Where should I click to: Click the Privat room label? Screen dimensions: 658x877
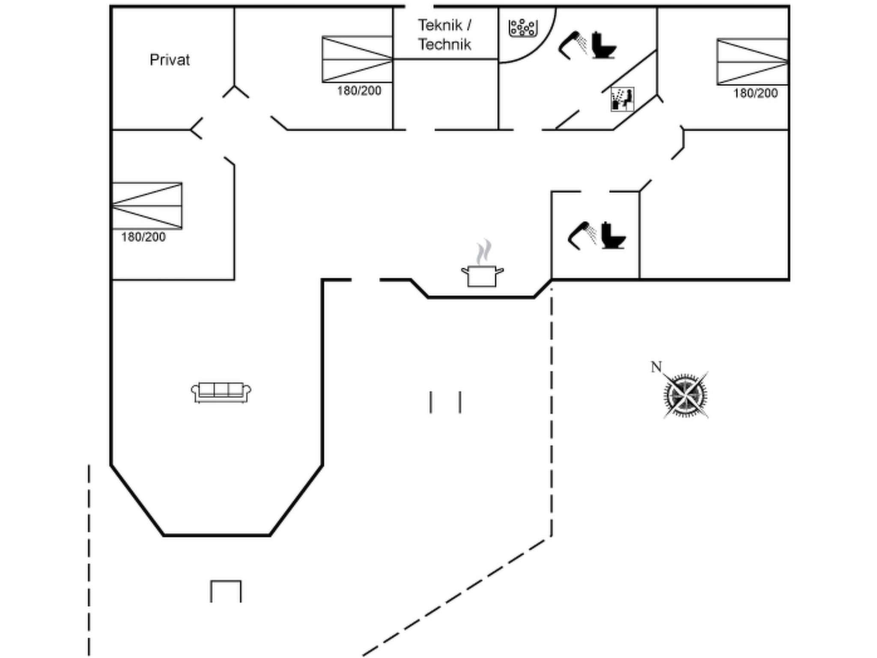[x=170, y=60]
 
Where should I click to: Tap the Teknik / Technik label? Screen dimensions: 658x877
[x=444, y=35]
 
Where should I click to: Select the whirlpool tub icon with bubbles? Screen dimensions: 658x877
[x=523, y=28]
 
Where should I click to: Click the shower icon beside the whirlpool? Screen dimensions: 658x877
[x=573, y=44]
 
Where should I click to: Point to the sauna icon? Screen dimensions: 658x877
[x=622, y=99]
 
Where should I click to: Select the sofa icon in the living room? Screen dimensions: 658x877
[x=221, y=392]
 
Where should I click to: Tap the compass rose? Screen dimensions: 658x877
[x=686, y=395]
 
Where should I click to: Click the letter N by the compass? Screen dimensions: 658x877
[x=656, y=367]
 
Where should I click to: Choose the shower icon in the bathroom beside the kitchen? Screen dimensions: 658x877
[x=582, y=235]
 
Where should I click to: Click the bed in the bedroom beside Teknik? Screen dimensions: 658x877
[x=357, y=59]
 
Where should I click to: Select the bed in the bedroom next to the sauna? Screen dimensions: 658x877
[x=752, y=62]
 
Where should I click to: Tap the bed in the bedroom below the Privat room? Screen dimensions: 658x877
[x=147, y=206]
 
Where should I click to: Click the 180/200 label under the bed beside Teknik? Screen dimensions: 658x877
[x=359, y=91]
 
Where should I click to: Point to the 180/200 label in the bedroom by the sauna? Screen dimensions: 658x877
[x=755, y=93]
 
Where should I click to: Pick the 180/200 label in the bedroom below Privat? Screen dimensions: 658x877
[x=143, y=237]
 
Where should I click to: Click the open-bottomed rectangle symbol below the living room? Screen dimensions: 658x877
[x=226, y=591]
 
